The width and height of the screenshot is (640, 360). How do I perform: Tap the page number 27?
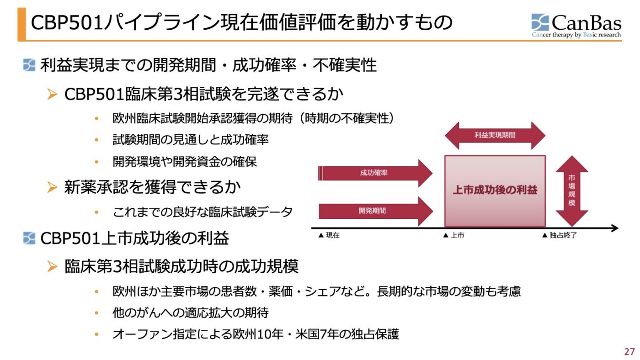click(629, 352)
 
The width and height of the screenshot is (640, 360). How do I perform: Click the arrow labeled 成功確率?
click(375, 173)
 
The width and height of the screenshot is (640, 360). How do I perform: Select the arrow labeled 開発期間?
click(375, 211)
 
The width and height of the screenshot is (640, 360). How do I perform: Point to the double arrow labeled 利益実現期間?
click(495, 135)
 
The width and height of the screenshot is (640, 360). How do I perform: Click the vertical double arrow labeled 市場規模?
click(571, 191)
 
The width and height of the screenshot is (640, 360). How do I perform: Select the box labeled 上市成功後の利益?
click(495, 191)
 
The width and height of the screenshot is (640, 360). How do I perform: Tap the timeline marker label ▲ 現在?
click(329, 236)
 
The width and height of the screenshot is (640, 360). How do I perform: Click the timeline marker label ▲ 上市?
click(453, 236)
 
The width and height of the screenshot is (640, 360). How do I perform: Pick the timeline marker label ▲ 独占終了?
click(559, 236)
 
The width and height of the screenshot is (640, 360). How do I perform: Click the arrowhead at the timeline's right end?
click(614, 228)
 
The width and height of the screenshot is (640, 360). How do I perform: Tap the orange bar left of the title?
click(21, 24)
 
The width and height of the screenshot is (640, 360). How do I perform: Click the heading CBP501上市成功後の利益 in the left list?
click(134, 238)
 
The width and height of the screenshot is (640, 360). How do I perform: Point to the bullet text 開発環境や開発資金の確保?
click(185, 162)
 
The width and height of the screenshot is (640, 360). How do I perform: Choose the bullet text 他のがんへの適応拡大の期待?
click(190, 313)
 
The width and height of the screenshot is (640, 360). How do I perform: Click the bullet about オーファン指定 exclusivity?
click(256, 334)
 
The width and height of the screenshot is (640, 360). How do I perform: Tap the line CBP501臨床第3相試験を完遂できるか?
click(203, 94)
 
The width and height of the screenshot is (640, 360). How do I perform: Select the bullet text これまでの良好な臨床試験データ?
click(203, 212)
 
